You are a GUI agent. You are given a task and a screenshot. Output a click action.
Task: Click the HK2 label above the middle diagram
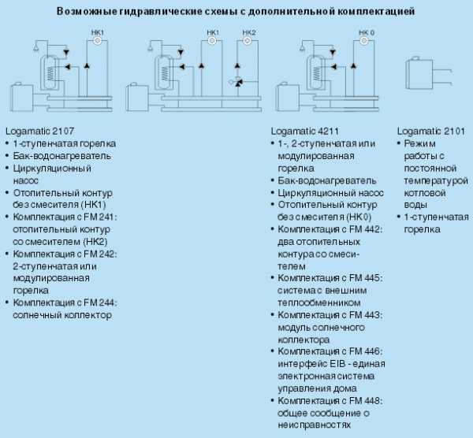(x=249, y=32)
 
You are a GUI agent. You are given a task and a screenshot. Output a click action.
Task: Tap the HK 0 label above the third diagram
(x=367, y=32)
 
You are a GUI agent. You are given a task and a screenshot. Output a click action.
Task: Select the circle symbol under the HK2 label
(x=247, y=40)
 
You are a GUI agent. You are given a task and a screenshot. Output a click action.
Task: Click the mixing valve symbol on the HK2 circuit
(x=236, y=81)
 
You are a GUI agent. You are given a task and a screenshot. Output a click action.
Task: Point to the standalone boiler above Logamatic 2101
(x=419, y=75)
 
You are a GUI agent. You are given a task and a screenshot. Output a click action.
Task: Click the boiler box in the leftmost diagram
(x=22, y=98)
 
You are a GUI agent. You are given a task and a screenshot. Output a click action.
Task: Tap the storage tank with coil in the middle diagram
(x=163, y=72)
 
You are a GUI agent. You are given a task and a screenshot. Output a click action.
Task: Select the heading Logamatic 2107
(x=40, y=131)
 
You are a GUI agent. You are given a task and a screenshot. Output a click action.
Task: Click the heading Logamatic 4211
(x=304, y=131)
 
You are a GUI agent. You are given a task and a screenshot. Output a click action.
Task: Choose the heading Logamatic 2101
(x=430, y=131)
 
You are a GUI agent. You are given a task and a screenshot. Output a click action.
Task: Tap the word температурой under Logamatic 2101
(x=436, y=181)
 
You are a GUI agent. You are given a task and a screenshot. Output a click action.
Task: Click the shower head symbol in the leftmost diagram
(x=36, y=47)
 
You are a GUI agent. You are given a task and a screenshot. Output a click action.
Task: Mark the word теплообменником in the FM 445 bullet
(x=319, y=303)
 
